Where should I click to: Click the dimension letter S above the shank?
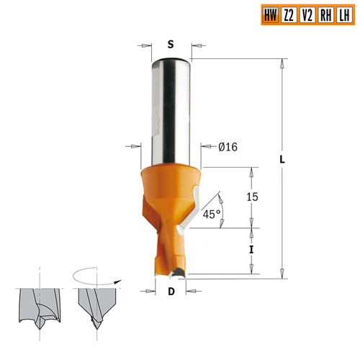(x=171, y=45)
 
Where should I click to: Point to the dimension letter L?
(x=282, y=160)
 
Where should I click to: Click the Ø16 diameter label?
(x=228, y=148)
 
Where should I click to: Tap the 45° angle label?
(x=210, y=215)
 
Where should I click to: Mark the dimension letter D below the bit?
(x=171, y=292)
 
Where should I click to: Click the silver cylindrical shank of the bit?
(x=170, y=108)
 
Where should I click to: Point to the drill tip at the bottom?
(x=171, y=270)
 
